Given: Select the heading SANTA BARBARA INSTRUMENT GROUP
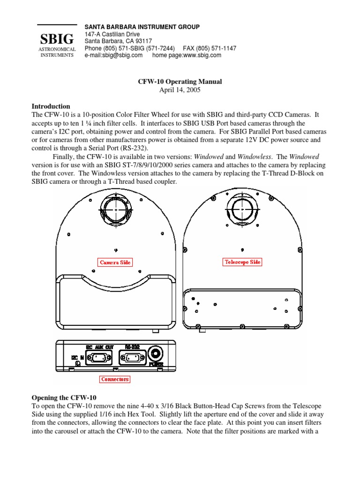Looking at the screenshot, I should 142,27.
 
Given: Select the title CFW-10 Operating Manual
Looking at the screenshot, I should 180,82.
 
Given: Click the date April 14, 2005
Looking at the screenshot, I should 180,90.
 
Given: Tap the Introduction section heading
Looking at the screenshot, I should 51,106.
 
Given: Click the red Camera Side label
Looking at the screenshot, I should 115,262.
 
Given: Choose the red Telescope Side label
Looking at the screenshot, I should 241,262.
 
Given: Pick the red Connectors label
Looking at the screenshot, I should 115,379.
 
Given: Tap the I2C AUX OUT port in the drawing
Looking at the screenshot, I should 98,358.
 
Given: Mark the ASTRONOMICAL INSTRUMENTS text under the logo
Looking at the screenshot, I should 56,52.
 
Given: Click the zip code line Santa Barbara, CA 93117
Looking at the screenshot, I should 116,41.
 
